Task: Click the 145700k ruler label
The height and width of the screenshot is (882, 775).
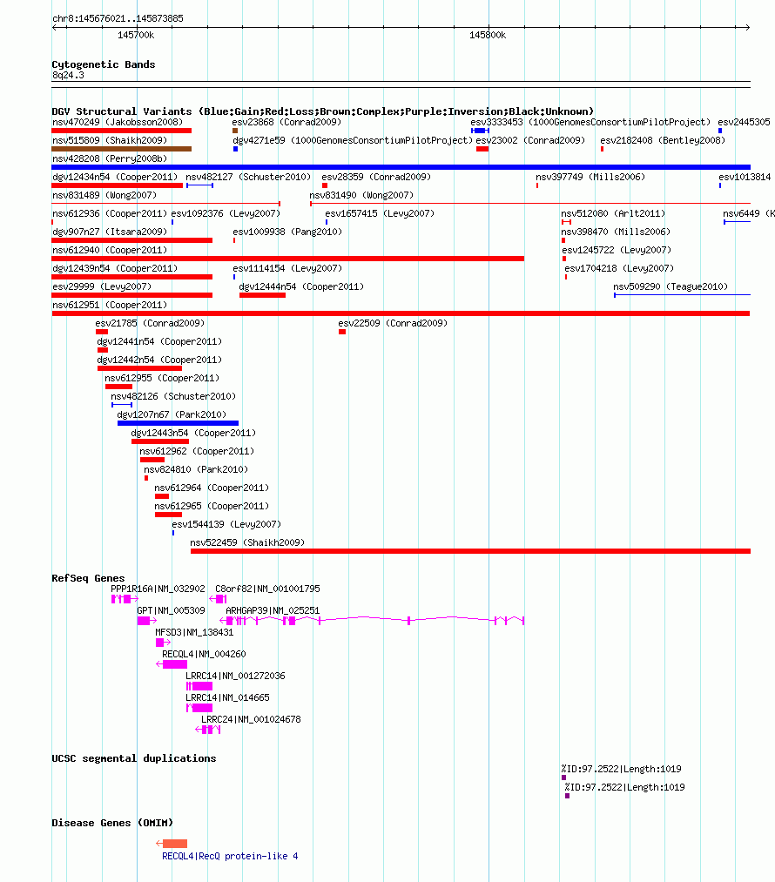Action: click(x=136, y=35)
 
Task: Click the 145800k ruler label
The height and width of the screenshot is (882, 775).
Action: click(x=488, y=35)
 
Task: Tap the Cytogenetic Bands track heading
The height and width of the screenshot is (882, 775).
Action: click(x=103, y=64)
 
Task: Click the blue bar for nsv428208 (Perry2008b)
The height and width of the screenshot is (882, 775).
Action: click(x=401, y=167)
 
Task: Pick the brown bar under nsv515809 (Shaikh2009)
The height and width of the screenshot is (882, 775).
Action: click(x=121, y=149)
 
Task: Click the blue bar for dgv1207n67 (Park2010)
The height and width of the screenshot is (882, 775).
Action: click(x=178, y=423)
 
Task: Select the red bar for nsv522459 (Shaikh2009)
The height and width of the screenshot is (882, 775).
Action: click(x=470, y=551)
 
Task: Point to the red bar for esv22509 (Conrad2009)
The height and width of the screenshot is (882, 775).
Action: click(x=342, y=332)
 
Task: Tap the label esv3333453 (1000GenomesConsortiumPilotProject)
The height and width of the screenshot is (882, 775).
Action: click(x=590, y=122)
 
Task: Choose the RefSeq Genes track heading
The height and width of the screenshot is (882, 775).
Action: click(x=88, y=578)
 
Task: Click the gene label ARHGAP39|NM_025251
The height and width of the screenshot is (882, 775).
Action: click(x=273, y=610)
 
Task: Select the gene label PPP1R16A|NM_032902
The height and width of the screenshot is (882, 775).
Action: click(x=158, y=589)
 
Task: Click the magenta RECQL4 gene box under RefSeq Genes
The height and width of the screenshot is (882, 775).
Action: click(x=174, y=664)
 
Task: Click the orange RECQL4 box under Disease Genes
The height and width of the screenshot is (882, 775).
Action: click(x=174, y=843)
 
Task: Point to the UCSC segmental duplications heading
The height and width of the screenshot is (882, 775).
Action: click(x=133, y=758)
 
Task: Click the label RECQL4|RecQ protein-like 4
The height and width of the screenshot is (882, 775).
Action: click(x=230, y=856)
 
